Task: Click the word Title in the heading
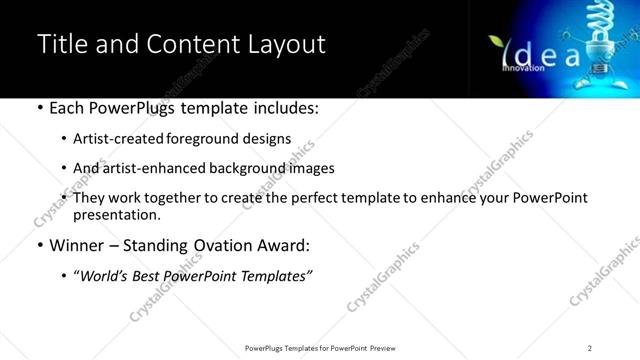(x=60, y=45)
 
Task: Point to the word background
(x=243, y=168)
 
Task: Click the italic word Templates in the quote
(x=274, y=276)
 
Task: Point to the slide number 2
(x=590, y=348)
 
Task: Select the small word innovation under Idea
(x=523, y=68)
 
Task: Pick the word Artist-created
(x=131, y=139)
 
